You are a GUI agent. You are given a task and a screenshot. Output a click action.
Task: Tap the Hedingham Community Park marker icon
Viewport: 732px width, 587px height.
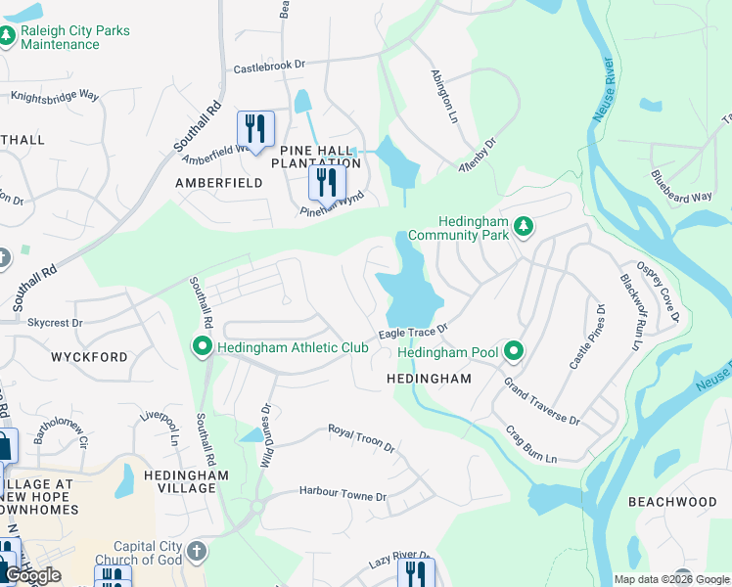pos(524,227)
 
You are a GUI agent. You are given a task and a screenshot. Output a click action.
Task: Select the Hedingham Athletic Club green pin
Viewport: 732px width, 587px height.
pos(202,347)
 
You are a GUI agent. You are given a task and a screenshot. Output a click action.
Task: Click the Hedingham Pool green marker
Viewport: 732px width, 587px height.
pos(513,351)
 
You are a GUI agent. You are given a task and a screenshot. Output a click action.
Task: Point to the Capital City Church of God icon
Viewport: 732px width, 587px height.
pos(197,552)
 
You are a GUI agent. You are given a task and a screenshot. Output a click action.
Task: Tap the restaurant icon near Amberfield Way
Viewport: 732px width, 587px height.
pos(255,129)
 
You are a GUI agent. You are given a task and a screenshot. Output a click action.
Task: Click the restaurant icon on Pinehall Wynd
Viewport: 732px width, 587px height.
pos(327,182)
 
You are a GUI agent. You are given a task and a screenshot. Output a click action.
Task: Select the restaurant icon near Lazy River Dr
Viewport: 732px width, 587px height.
pos(418,573)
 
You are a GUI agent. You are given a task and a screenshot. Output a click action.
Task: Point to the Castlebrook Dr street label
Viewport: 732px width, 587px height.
pos(269,68)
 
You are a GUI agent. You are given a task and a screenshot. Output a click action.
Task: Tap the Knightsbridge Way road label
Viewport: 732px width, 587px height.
pos(55,96)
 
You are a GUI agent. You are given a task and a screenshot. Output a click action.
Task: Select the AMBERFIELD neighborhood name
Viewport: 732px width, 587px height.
pos(218,183)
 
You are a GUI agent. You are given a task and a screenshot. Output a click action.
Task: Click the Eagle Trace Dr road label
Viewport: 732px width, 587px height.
pos(414,332)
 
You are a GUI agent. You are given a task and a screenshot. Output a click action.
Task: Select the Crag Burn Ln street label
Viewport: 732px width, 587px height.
pos(530,444)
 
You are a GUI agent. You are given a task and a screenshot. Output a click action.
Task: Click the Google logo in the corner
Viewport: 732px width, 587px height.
pos(33,575)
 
